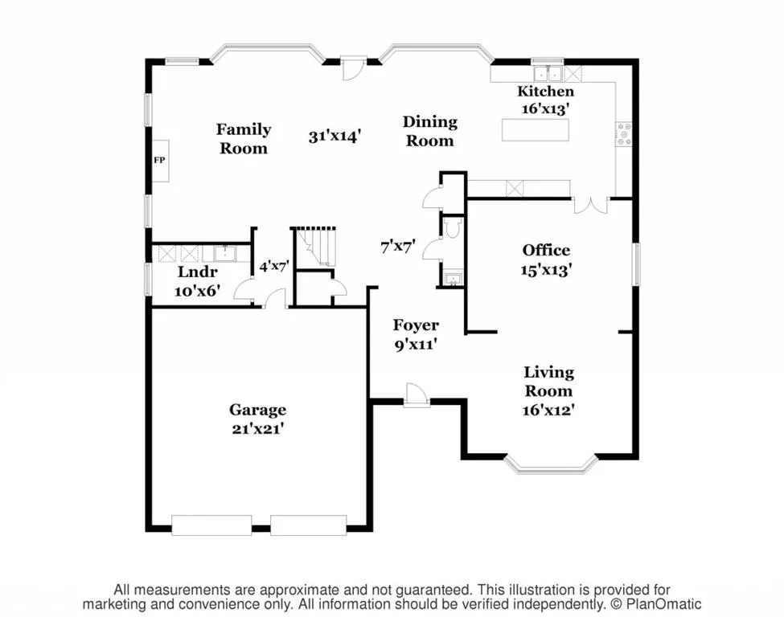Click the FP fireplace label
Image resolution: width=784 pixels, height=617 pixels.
click(159, 161)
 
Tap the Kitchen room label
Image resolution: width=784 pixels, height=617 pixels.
click(545, 92)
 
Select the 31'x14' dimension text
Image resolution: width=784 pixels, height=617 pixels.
click(335, 136)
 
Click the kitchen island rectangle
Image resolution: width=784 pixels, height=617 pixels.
click(535, 130)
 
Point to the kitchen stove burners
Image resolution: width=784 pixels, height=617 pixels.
click(623, 134)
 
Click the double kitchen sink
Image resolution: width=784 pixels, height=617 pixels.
click(548, 73)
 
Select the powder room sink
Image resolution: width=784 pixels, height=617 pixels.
click(453, 279)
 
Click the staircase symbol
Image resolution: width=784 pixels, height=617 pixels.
click(314, 247)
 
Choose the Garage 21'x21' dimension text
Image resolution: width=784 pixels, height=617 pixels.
click(258, 429)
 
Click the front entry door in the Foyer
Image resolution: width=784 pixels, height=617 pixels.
click(417, 395)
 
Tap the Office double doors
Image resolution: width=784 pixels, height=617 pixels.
click(590, 206)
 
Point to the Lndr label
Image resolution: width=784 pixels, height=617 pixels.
click(198, 272)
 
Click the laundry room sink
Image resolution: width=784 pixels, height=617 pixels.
click(225, 253)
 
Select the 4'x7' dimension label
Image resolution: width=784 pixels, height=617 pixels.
click(274, 266)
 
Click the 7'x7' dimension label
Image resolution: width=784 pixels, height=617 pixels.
click(398, 247)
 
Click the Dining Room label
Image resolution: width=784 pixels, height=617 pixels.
click(430, 132)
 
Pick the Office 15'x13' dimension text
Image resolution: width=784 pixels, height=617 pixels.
click(546, 270)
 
